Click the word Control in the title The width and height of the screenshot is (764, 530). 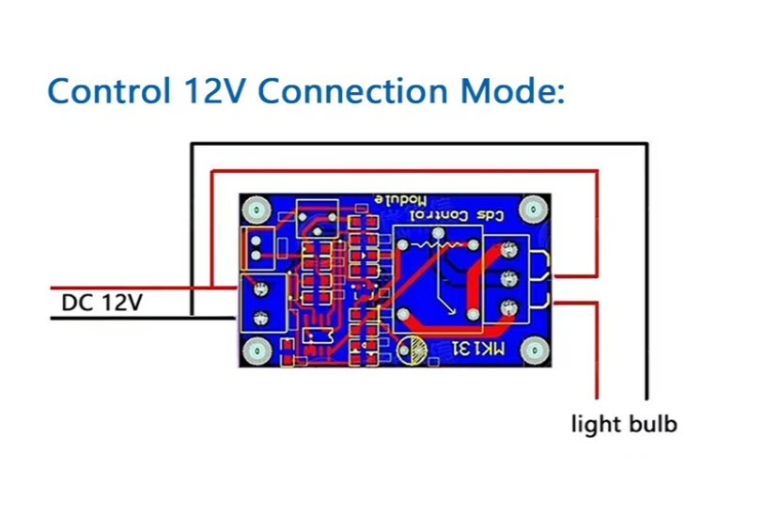(109, 91)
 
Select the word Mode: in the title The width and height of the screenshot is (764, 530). (513, 91)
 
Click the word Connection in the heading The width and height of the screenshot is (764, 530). (352, 91)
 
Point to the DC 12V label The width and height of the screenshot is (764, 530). (101, 303)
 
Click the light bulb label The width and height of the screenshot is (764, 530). (624, 423)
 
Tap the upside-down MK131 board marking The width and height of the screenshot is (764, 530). (479, 349)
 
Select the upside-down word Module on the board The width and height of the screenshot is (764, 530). (400, 200)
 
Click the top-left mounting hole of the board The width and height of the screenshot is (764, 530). (257, 210)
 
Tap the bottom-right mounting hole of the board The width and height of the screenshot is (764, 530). (534, 351)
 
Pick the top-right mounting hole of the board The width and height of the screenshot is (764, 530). (533, 210)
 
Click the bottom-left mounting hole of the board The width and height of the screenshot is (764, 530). (256, 351)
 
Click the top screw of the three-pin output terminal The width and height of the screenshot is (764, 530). (508, 250)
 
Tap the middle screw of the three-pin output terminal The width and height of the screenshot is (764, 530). (508, 279)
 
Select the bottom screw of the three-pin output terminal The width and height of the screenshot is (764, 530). (508, 307)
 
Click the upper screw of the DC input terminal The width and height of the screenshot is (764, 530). (261, 289)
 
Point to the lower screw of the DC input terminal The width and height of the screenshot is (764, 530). (261, 319)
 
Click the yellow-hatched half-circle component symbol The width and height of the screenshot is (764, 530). (413, 350)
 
